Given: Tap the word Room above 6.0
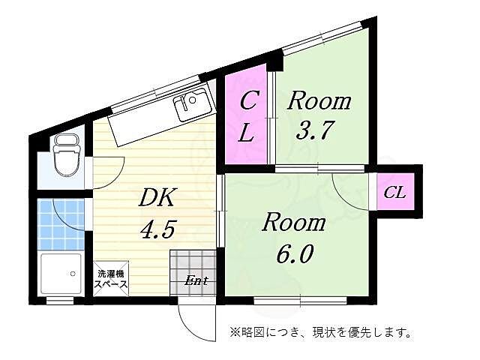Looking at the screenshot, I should [294, 223].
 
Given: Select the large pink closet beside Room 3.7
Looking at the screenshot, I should [247, 117].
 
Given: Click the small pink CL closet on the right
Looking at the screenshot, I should [394, 193].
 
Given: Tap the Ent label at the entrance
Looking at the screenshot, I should [196, 281].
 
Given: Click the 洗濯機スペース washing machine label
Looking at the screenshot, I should [111, 279].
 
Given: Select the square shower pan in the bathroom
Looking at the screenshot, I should [61, 274].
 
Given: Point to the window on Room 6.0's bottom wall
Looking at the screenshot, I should [300, 301].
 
